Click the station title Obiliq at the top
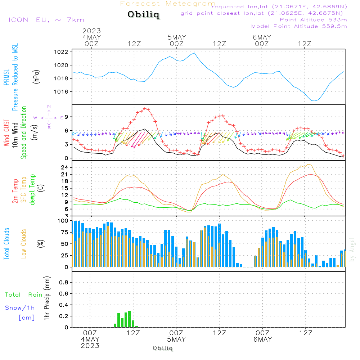[x=143, y=15]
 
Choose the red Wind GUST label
[x=6, y=133]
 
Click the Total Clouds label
[x=6, y=244]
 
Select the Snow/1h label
[x=20, y=308]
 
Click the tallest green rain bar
[x=129, y=319]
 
